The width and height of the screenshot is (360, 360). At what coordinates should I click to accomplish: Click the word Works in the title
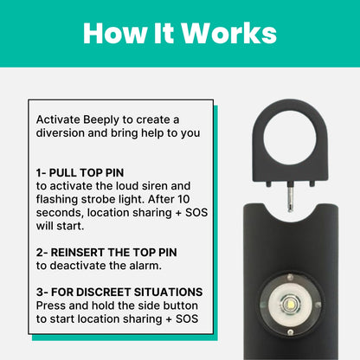coord(229,33)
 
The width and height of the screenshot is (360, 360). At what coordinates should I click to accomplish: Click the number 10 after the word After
coord(183,199)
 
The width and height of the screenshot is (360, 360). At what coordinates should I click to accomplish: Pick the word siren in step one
coord(152,186)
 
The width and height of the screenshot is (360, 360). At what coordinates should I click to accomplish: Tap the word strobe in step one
coord(98,199)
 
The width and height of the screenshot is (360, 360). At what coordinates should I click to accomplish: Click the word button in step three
coord(181,305)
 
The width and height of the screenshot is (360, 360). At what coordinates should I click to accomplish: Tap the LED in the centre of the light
coord(290,304)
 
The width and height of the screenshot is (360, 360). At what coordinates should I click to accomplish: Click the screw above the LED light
coord(290,277)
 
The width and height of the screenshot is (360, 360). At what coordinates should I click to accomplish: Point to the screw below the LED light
coord(291,332)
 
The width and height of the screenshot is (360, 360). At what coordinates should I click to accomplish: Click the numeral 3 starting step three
coord(40,292)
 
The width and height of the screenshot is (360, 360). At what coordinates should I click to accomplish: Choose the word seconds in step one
coord(60,213)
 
